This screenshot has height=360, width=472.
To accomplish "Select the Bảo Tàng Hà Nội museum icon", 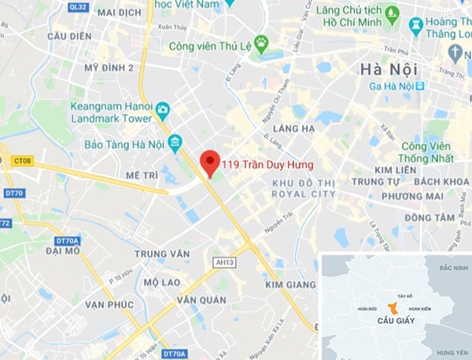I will tap(175, 143).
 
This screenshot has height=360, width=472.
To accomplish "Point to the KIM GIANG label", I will tap(292, 284).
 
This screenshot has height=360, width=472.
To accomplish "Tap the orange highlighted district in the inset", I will tap(393, 308).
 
